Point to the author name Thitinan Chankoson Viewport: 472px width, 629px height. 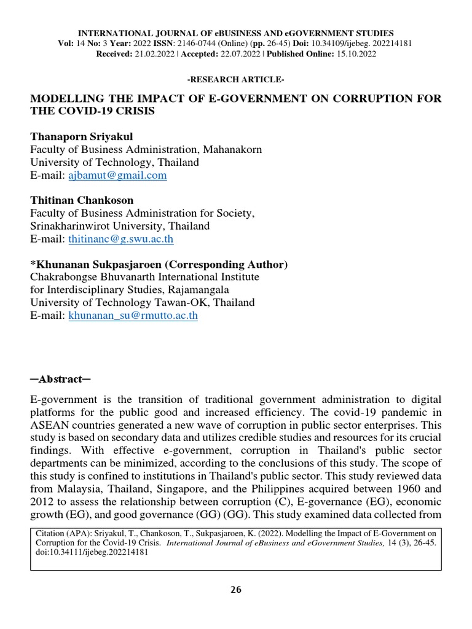click(x=82, y=200)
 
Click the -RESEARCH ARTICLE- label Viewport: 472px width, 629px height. click(x=236, y=80)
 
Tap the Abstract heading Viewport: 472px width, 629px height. click(x=60, y=380)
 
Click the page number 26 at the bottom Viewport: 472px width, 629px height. click(x=236, y=590)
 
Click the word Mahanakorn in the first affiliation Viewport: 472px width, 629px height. click(x=230, y=149)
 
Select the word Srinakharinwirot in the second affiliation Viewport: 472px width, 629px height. click(x=66, y=226)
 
